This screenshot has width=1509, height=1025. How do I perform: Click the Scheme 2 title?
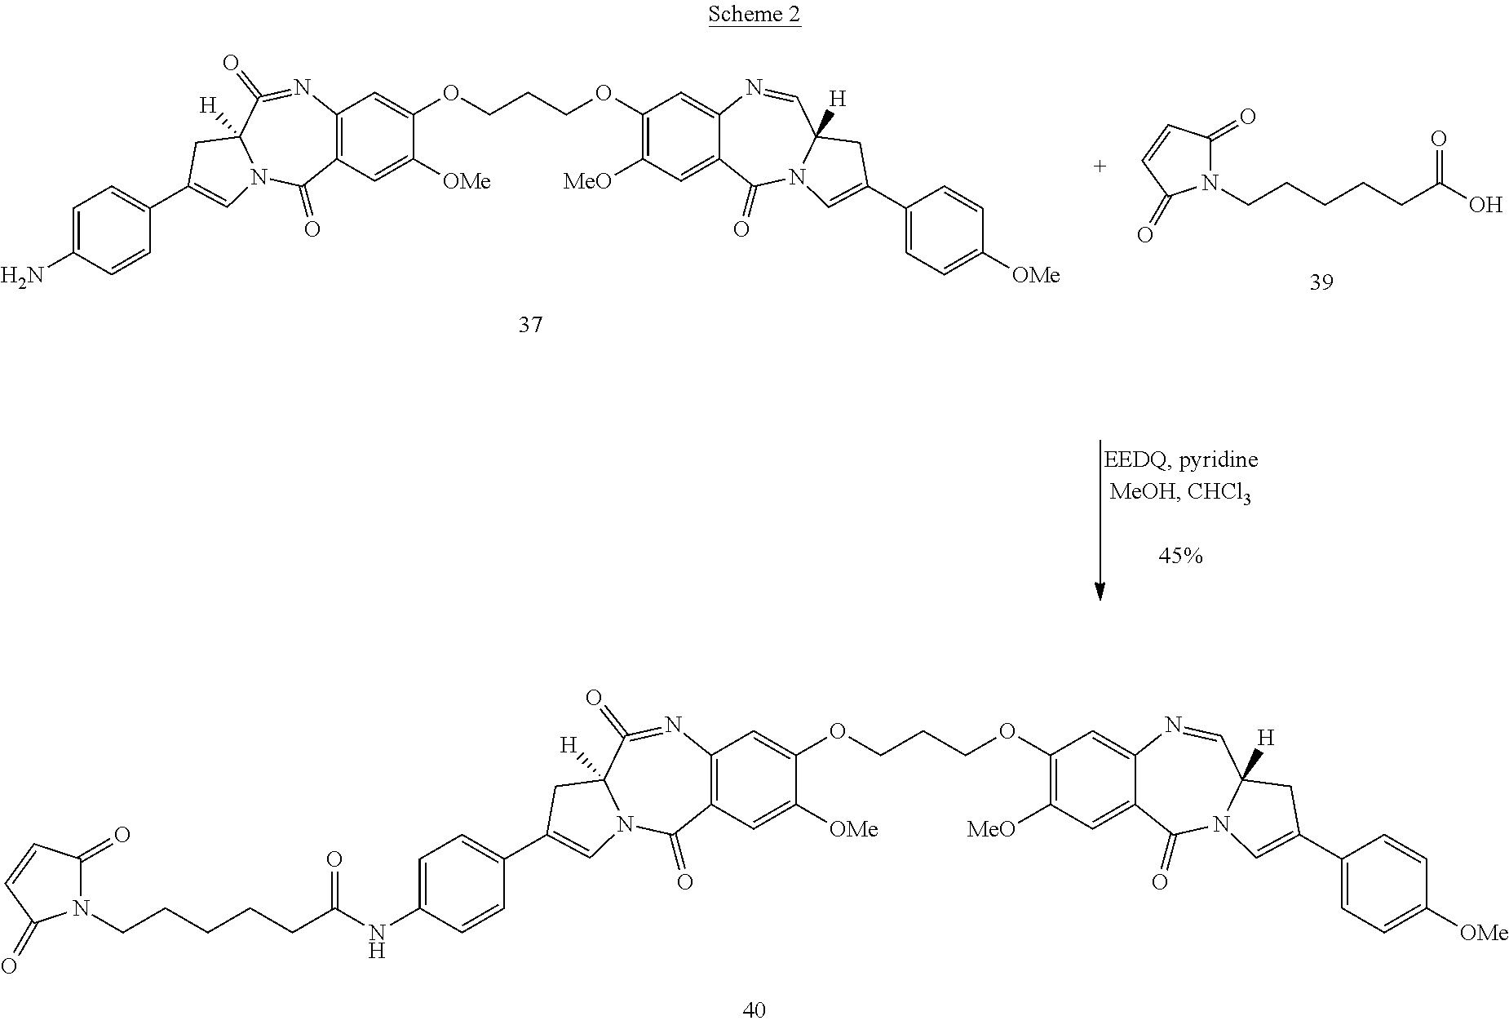754,14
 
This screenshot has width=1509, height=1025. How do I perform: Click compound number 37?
530,326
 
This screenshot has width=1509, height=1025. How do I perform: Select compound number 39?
1321,283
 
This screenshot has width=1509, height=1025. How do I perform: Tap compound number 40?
754,1009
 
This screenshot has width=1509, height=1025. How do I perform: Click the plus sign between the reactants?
1100,166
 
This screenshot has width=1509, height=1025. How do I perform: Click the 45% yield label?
1180,557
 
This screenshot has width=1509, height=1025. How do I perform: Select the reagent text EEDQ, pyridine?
1180,460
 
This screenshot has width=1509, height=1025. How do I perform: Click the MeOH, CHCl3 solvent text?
1180,493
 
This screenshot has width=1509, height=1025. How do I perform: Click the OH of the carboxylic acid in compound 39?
1485,205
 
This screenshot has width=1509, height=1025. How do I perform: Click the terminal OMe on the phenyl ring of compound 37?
1036,276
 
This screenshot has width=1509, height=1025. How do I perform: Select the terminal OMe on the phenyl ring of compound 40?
1483,933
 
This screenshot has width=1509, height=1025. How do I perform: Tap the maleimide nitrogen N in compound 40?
79,907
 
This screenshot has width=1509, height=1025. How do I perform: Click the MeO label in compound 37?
587,180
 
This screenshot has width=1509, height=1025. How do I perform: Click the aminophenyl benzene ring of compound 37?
112,230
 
